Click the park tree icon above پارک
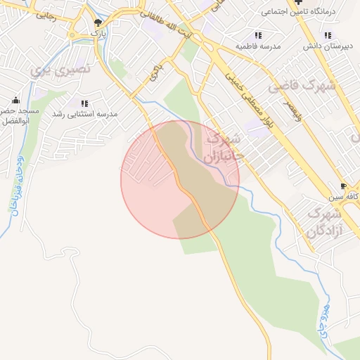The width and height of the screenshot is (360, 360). click(x=98, y=22)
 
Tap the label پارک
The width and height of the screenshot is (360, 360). click(x=98, y=32)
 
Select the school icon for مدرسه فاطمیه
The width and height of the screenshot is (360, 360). click(x=258, y=35)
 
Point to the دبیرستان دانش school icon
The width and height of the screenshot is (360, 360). click(x=327, y=35)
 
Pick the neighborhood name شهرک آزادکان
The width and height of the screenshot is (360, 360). click(x=324, y=221)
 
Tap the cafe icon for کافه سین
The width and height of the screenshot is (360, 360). click(x=343, y=186)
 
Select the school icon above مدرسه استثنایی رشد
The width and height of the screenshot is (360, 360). click(x=84, y=103)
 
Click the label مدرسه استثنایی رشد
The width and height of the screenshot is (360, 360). click(x=87, y=114)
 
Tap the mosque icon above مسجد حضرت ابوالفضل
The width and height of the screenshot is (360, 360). click(x=15, y=101)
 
